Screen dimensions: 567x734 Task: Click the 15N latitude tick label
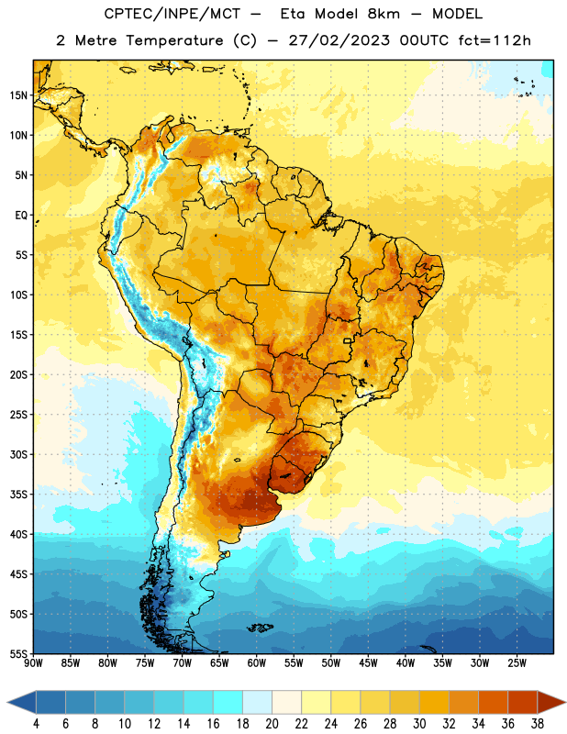(x=18, y=95)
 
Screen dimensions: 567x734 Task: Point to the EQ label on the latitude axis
(x=21, y=216)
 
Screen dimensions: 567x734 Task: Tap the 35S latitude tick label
(x=18, y=495)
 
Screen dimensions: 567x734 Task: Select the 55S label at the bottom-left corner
(x=18, y=653)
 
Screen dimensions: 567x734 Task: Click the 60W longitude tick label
(x=257, y=662)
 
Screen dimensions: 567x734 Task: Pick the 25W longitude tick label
(x=517, y=662)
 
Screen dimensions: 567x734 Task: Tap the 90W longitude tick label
(x=34, y=662)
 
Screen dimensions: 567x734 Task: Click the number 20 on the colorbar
(x=272, y=724)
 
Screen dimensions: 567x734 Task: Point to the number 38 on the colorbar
(x=538, y=724)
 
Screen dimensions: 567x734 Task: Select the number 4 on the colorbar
(x=36, y=724)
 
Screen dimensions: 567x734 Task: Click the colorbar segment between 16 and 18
(x=228, y=702)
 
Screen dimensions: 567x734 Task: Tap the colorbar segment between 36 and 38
(x=523, y=702)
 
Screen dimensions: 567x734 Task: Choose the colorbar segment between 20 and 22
(x=286, y=702)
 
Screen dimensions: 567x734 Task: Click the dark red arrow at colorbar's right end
(x=550, y=702)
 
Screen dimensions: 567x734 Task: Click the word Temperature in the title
(x=174, y=40)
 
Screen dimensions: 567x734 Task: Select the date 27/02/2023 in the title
(x=339, y=40)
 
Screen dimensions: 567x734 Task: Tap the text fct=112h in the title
(x=495, y=40)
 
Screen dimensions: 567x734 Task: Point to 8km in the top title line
(x=384, y=14)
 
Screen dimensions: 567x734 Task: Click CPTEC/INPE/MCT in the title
(x=172, y=14)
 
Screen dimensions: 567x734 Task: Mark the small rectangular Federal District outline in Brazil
(x=348, y=340)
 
